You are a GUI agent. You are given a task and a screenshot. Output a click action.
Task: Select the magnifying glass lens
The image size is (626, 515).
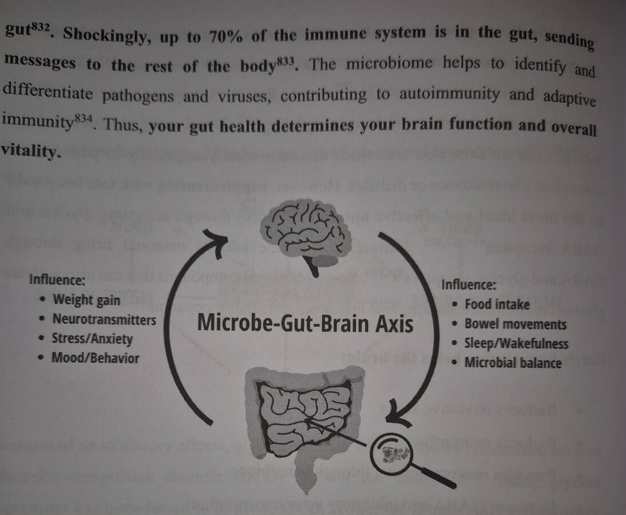coord(393,455)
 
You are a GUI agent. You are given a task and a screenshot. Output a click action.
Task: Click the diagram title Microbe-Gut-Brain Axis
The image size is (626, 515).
coord(305,324)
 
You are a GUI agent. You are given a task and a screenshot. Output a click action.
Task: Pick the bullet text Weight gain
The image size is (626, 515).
coord(86,300)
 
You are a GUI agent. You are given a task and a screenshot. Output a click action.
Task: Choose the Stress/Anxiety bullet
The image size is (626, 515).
coord(92,339)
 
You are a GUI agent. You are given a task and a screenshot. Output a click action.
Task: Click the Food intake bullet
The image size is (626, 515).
coord(497,304)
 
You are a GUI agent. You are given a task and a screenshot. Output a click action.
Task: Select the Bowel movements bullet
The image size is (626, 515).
coord(515,324)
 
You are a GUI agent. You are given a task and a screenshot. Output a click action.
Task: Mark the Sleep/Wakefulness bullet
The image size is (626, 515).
coord(516,343)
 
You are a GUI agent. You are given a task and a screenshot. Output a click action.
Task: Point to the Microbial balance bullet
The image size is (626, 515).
coord(513,362)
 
